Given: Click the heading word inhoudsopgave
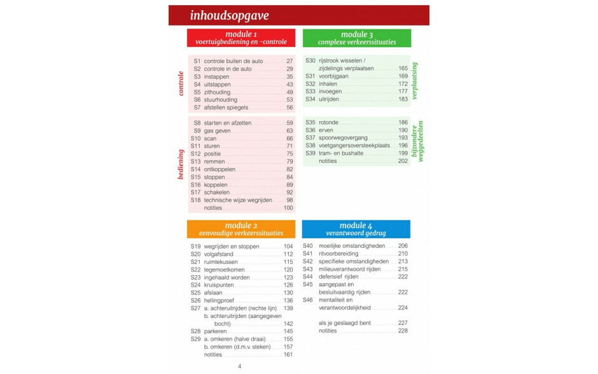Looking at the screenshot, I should pyautogui.click(x=229, y=15).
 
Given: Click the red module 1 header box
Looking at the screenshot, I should pyautogui.click(x=241, y=38).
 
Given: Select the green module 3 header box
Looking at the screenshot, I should pyautogui.click(x=357, y=38).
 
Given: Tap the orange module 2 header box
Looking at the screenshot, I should pyautogui.click(x=241, y=229).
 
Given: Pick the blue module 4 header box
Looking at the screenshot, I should pyautogui.click(x=356, y=229).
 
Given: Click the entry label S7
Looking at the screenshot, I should pyautogui.click(x=197, y=108).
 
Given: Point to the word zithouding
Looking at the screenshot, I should pyautogui.click(x=217, y=92).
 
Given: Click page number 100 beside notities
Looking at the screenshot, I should pyautogui.click(x=288, y=208).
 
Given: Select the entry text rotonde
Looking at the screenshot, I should pyautogui.click(x=328, y=122).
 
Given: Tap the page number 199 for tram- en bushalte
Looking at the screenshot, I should pyautogui.click(x=403, y=153).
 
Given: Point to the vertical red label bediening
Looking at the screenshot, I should pyautogui.click(x=181, y=164).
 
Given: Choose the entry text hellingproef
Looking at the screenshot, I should pyautogui.click(x=219, y=301).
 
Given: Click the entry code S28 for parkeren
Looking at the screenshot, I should pyautogui.click(x=195, y=331).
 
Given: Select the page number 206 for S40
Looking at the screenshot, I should pyautogui.click(x=403, y=246).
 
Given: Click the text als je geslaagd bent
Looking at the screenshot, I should pyautogui.click(x=345, y=323).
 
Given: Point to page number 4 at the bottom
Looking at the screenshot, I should pyautogui.click(x=239, y=366).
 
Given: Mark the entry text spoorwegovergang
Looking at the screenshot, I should pyautogui.click(x=344, y=138).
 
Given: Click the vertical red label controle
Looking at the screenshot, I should pyautogui.click(x=181, y=83).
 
